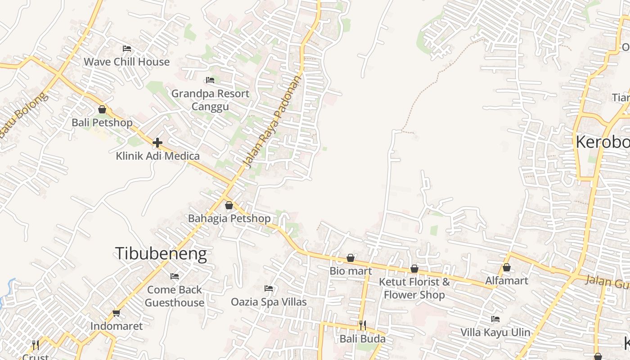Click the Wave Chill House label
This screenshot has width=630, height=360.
coord(126,62)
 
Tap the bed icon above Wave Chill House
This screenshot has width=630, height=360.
coord(126,48)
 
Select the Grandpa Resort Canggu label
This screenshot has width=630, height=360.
coord(210,100)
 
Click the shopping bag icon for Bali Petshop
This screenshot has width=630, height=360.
coord(102,109)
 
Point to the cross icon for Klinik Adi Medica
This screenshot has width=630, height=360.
coord(157,143)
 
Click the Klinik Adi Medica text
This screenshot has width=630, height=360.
coord(157,156)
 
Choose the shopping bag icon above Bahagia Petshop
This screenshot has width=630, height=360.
coord(229,205)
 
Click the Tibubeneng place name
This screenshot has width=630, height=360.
coord(161,254)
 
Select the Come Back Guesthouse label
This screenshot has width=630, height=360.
coord(175,296)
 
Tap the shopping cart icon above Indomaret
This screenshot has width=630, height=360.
coord(117,313)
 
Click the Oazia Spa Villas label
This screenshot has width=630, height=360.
coord(269,302)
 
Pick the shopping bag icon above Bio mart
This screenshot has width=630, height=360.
coord(351,258)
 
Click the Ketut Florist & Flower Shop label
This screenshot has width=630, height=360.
coord(414,288)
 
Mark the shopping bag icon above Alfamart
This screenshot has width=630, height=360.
coord(507,267)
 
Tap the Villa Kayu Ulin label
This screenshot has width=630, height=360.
coord(495,333)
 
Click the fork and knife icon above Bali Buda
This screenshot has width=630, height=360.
coord(362,325)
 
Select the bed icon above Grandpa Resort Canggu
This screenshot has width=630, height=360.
coord(210,80)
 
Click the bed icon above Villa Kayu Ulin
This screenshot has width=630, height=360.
coord(495,319)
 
